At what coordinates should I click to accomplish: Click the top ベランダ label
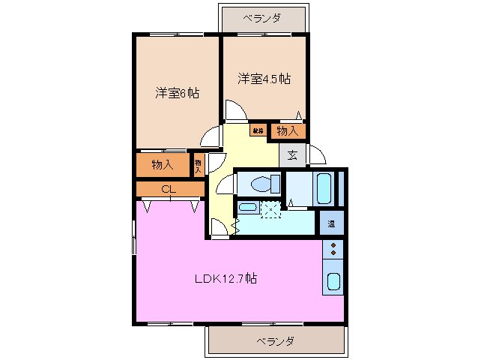261,17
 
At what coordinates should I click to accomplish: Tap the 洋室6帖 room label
177,93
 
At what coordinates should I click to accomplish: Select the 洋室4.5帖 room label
264,78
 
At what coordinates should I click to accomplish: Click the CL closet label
169,189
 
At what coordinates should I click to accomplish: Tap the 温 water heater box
331,223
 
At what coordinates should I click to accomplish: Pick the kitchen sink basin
333,282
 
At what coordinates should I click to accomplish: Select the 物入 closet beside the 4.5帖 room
287,130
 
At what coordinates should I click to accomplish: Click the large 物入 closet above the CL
162,164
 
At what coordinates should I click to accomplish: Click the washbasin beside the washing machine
247,208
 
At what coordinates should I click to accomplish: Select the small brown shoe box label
258,130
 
